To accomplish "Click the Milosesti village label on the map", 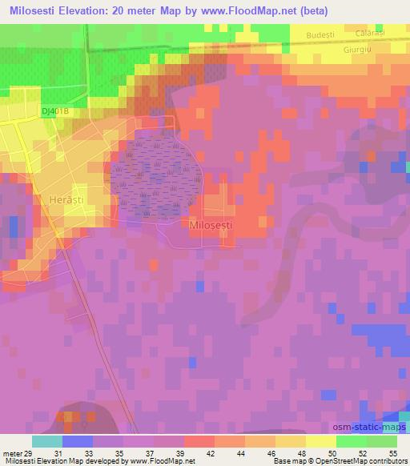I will [x=212, y=226].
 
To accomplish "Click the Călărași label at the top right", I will [x=369, y=34].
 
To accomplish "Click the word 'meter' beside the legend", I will [x=10, y=453].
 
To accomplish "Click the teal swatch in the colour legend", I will [x=47, y=441].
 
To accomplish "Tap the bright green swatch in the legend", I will [x=352, y=441].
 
